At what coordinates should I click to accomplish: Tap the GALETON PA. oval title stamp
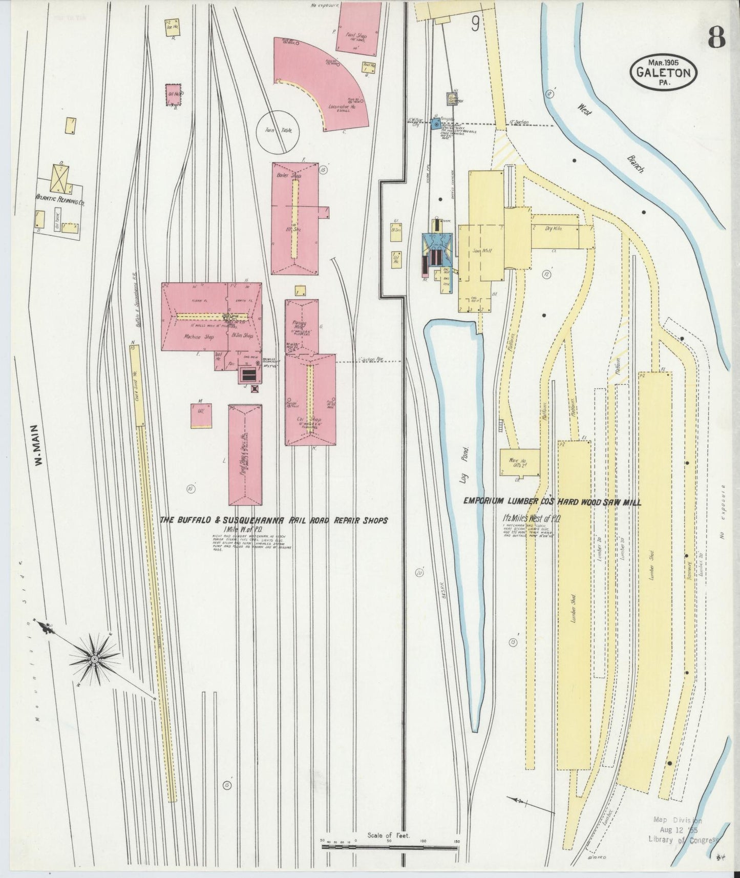coord(664,72)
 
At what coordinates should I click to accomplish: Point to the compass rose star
coord(95,658)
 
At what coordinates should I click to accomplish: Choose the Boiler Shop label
coord(295,175)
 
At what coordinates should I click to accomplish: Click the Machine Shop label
coord(191,337)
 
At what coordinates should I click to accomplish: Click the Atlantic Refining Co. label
coord(60,200)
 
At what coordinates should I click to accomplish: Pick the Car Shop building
coord(310,400)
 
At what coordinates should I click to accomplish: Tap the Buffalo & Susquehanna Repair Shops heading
coord(273,520)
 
